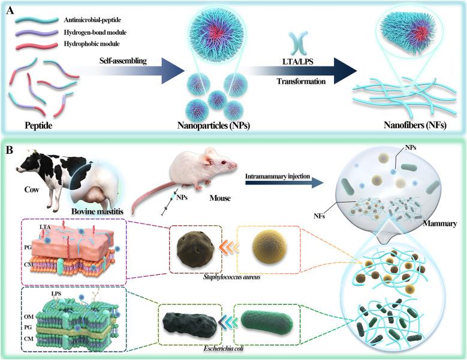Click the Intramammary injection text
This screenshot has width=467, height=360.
(x=277, y=176)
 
